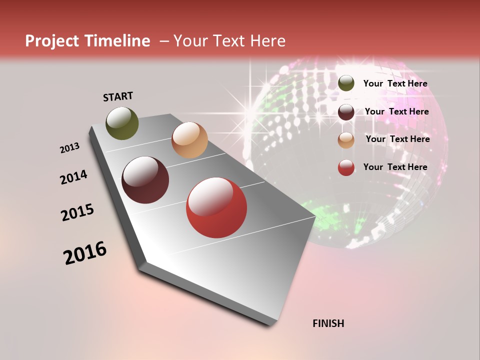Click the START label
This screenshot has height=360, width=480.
pyautogui.click(x=118, y=96)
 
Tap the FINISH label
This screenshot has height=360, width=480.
pyautogui.click(x=328, y=323)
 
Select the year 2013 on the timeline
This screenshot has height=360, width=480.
pyautogui.click(x=70, y=148)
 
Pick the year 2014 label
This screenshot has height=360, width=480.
pyautogui.click(x=73, y=177)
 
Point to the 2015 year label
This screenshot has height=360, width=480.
pyautogui.click(x=77, y=212)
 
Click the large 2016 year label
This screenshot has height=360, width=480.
pyautogui.click(x=85, y=252)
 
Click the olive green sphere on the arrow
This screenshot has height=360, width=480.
pyautogui.click(x=122, y=123)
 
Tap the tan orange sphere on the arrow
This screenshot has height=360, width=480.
pyautogui.click(x=189, y=140)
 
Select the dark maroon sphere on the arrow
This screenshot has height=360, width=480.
pyautogui.click(x=145, y=180)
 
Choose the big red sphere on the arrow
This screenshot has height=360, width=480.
pyautogui.click(x=216, y=207)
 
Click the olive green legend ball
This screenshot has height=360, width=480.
pyautogui.click(x=346, y=83)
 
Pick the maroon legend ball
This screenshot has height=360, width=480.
pyautogui.click(x=346, y=112)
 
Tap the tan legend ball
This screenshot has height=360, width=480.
pyautogui.click(x=346, y=140)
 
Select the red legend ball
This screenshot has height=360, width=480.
pyautogui.click(x=346, y=167)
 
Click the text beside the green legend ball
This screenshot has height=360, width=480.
pyautogui.click(x=395, y=83)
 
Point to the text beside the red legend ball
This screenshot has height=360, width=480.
pyautogui.click(x=395, y=167)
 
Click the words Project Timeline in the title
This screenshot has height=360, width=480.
pyautogui.click(x=87, y=41)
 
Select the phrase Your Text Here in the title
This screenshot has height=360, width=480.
pyautogui.click(x=229, y=41)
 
